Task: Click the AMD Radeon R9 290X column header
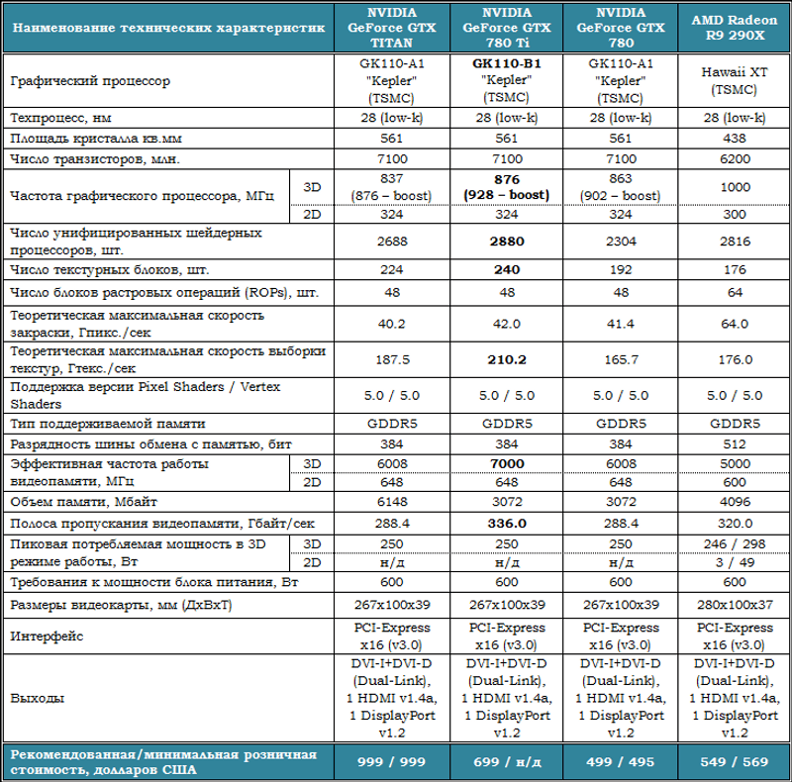(x=735, y=26)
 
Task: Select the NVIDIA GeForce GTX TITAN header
(x=392, y=26)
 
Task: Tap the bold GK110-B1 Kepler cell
(x=506, y=79)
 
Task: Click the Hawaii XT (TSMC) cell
(x=735, y=79)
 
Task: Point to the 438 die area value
(x=735, y=139)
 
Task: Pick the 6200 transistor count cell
(x=735, y=158)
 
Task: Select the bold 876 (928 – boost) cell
(x=506, y=187)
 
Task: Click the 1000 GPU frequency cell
(x=735, y=187)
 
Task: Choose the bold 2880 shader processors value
(x=506, y=241)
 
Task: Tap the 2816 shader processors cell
(x=735, y=241)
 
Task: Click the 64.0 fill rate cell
(x=735, y=323)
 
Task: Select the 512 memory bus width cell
(x=735, y=444)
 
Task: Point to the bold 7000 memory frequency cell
(x=506, y=463)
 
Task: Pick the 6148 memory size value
(x=392, y=502)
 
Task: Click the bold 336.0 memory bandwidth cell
(x=506, y=523)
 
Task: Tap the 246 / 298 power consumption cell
(x=735, y=543)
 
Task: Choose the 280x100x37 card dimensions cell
(x=735, y=605)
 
